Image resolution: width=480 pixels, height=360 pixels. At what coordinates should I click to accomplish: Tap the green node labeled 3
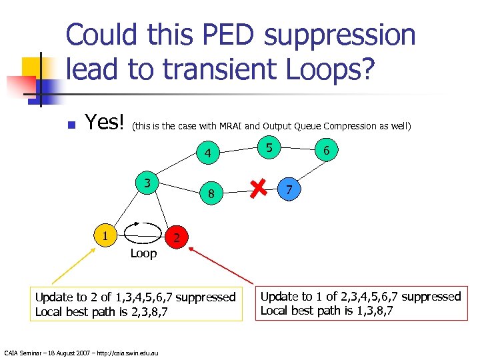click(146, 182)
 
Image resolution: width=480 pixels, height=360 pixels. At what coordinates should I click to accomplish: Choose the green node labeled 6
click(326, 152)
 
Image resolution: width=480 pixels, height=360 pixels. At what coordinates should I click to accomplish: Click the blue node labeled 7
click(287, 190)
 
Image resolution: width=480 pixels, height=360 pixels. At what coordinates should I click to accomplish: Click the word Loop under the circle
click(143, 253)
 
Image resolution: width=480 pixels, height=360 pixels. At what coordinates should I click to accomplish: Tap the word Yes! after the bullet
click(105, 123)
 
